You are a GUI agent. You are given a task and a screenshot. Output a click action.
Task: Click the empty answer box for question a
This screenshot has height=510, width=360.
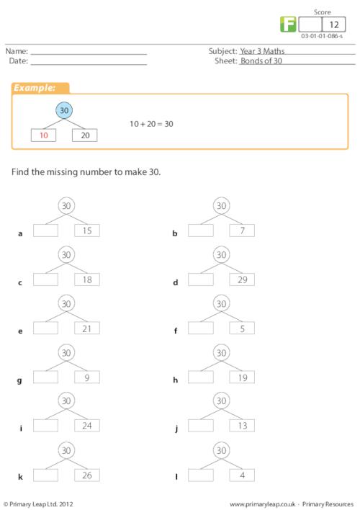(45, 231)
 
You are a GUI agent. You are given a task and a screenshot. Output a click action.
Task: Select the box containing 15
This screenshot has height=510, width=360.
(87, 231)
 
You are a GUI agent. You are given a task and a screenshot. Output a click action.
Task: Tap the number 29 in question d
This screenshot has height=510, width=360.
(242, 279)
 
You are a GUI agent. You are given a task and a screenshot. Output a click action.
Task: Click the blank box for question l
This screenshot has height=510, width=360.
(201, 475)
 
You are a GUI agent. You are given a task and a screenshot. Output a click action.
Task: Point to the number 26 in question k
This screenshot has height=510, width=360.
(87, 475)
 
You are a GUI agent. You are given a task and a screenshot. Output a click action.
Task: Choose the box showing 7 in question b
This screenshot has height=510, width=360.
(242, 231)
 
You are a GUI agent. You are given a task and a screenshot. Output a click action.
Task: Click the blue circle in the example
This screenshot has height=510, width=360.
(64, 110)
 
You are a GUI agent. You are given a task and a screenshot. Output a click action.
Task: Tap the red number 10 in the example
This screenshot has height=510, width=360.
(44, 135)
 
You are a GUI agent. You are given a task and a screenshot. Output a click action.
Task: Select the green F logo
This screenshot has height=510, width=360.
(288, 24)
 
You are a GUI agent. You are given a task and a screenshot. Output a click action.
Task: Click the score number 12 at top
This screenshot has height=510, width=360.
(334, 24)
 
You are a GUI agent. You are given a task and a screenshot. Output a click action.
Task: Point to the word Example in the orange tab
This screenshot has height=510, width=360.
(35, 88)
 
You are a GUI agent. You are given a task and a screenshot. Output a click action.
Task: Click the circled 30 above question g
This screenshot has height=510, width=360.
(66, 352)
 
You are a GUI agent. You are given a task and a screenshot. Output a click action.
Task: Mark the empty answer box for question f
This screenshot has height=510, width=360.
(201, 328)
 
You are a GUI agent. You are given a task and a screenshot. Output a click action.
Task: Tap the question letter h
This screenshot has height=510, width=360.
(175, 380)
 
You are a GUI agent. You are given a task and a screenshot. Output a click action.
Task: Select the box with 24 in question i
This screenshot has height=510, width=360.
(87, 426)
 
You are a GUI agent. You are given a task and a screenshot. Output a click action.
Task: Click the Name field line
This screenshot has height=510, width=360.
(89, 55)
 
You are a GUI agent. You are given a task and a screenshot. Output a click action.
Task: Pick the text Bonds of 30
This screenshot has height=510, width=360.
(261, 61)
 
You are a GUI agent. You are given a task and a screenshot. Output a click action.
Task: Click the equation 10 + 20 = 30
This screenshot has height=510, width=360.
(151, 124)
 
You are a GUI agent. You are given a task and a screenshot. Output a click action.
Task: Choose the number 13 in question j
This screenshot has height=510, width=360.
(242, 426)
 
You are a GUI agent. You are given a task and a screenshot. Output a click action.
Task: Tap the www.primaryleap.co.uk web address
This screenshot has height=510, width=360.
(262, 504)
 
